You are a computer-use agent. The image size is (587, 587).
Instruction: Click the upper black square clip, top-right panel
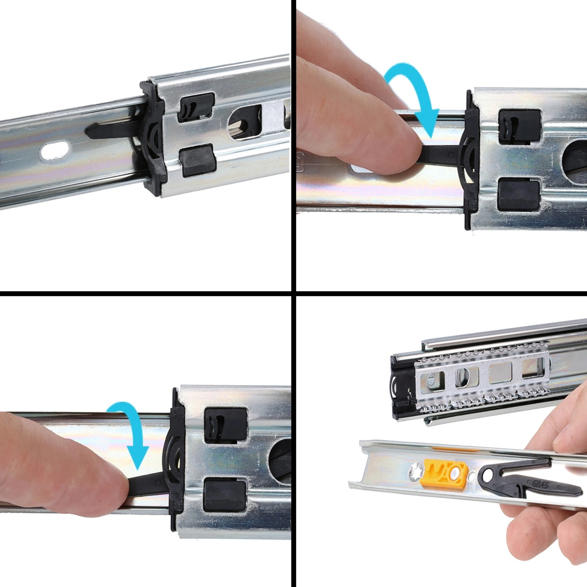point(519,127)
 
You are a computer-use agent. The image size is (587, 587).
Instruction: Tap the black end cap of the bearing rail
point(401,387)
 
